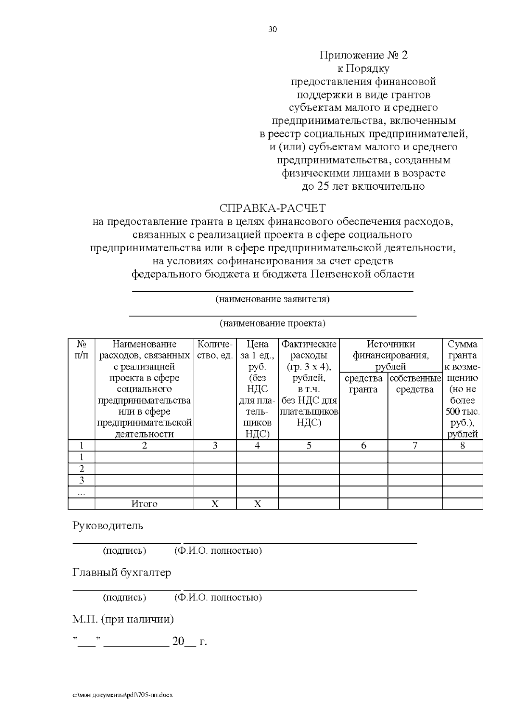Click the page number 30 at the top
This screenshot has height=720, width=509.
click(x=273, y=29)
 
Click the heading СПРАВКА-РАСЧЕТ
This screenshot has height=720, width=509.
click(x=273, y=208)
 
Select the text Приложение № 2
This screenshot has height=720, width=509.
click(x=363, y=55)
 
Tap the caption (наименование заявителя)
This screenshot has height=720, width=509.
click(x=273, y=299)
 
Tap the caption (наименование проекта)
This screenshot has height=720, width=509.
click(x=273, y=323)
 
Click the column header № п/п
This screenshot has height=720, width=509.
click(x=81, y=350)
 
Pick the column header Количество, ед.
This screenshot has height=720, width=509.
click(x=215, y=350)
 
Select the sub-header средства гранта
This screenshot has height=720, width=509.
click(x=364, y=384)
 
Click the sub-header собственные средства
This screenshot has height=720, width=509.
click(x=415, y=384)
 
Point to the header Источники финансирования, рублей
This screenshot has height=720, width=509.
click(x=391, y=355)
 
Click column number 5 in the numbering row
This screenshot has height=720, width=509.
click(x=309, y=445)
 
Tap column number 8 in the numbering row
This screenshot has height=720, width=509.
click(x=462, y=445)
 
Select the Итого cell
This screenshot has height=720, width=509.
click(x=144, y=504)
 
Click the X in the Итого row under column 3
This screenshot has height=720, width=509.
click(x=215, y=504)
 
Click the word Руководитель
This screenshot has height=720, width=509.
click(x=108, y=526)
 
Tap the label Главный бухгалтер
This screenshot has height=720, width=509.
click(x=122, y=572)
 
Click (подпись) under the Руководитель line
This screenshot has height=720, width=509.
click(x=124, y=551)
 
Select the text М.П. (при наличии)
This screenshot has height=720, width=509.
click(x=123, y=619)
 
